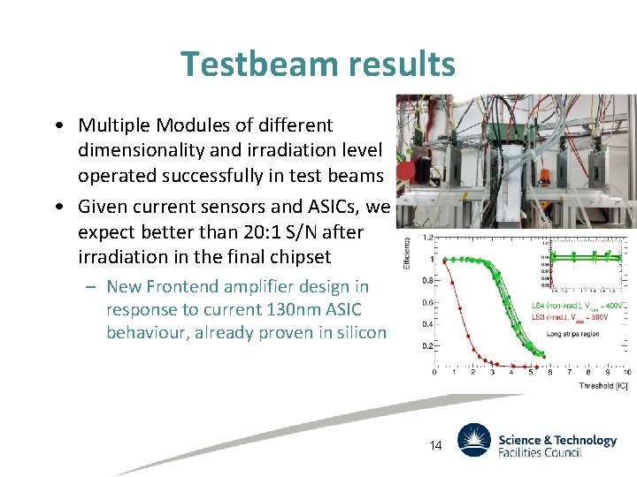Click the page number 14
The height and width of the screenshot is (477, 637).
pyautogui.click(x=434, y=446)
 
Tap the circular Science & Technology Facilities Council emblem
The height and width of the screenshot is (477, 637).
pyautogui.click(x=473, y=440)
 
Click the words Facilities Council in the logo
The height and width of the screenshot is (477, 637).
pyautogui.click(x=539, y=452)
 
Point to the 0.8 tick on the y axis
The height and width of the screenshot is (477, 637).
pyautogui.click(x=426, y=281)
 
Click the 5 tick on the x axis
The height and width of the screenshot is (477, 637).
pyautogui.click(x=529, y=373)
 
